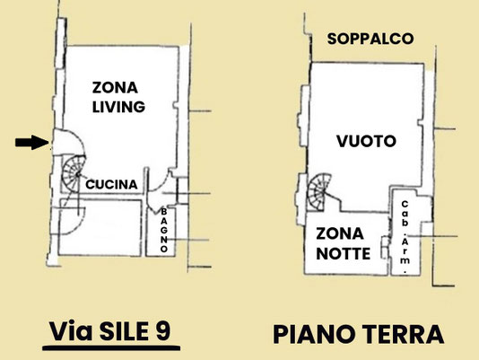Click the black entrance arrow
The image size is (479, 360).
point(31,142)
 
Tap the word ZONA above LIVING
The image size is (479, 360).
point(115,88)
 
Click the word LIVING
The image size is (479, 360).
point(118,107)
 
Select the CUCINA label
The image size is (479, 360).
point(111,184)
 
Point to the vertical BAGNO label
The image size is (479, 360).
point(164,230)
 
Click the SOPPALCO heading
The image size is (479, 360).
point(370,39)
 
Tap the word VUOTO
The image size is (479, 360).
point(366,141)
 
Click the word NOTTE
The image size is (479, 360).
point(343,253)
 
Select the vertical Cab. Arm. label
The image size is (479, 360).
point(405,236)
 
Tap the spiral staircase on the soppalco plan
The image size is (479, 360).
point(319,191)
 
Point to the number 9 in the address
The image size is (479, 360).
point(163,332)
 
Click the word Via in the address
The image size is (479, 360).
point(71,332)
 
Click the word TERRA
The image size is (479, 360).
point(403,334)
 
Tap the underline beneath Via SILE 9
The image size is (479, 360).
point(111,347)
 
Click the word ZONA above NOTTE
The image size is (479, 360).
point(340,233)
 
